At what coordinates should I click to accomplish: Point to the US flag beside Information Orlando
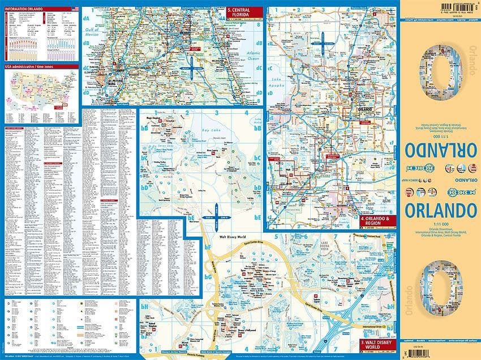click(75, 9)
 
